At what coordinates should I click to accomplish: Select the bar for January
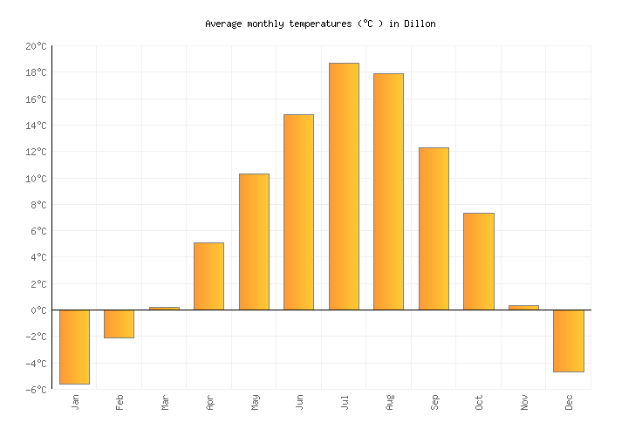pyautogui.click(x=74, y=346)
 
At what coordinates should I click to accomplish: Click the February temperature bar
pyautogui.click(x=119, y=324)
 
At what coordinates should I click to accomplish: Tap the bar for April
pyautogui.click(x=208, y=276)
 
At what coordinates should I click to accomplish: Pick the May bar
pyautogui.click(x=254, y=242)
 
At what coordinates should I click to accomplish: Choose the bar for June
pyautogui.click(x=298, y=212)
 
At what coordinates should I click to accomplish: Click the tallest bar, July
pyautogui.click(x=344, y=186)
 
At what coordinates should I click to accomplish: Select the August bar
pyautogui.click(x=388, y=191)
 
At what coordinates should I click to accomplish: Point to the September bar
pyautogui.click(x=434, y=228)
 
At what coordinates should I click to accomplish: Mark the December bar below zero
pyautogui.click(x=568, y=341)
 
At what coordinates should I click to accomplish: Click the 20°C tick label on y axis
pyautogui.click(x=36, y=46)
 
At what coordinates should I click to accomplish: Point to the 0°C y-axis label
pyautogui.click(x=38, y=310)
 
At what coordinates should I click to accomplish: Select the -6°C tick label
pyautogui.click(x=36, y=390)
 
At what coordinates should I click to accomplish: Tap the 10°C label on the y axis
pyautogui.click(x=36, y=179)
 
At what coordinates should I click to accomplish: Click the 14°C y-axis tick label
pyautogui.click(x=36, y=126)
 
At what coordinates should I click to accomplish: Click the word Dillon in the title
pyautogui.click(x=419, y=24)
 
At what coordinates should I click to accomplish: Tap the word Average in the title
pyautogui.click(x=223, y=24)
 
